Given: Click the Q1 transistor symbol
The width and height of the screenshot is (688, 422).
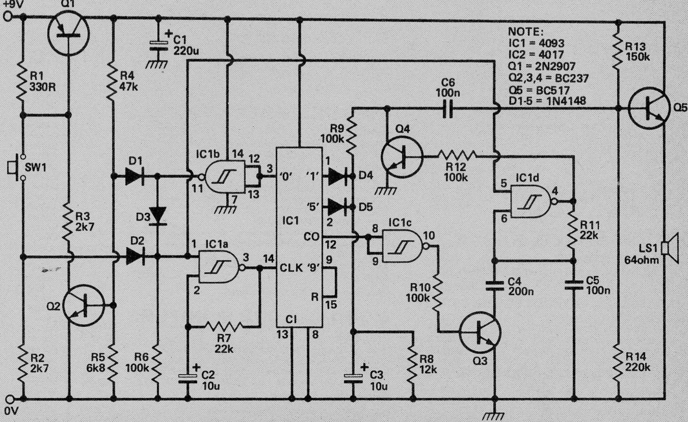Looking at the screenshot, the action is [x=68, y=33].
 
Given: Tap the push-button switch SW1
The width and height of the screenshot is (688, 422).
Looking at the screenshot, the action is [x=16, y=167].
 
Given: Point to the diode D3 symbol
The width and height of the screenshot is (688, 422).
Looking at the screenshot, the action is [x=158, y=216].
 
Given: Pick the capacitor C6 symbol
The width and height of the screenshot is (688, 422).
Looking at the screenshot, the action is [x=448, y=108].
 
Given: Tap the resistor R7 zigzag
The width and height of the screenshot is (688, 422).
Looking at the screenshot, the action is [x=224, y=326].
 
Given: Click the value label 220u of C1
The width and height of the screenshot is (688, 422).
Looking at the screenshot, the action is [x=186, y=51].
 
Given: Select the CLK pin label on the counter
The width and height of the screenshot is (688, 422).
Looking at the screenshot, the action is [x=291, y=268].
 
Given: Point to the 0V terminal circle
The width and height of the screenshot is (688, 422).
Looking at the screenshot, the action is [x=10, y=400].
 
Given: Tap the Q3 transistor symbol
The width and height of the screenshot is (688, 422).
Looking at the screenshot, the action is [x=480, y=332].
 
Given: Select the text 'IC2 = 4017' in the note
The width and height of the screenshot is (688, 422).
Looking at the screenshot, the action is [x=536, y=54].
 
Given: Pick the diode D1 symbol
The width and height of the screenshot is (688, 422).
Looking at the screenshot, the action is [x=135, y=176].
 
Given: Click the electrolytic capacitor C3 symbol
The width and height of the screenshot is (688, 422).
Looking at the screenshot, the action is [x=353, y=378].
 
